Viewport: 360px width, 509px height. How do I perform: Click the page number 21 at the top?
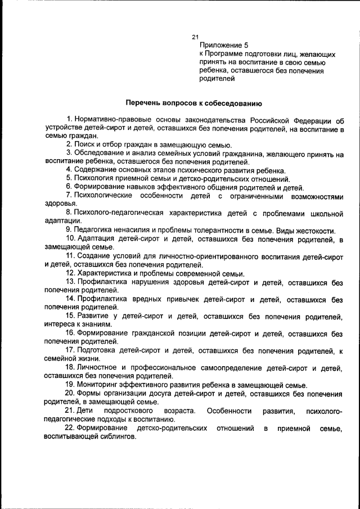(x=195, y=37)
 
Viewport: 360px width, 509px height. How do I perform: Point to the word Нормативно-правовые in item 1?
(x=111, y=120)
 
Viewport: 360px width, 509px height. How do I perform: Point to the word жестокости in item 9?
(x=317, y=231)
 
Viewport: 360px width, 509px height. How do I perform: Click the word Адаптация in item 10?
(x=98, y=240)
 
